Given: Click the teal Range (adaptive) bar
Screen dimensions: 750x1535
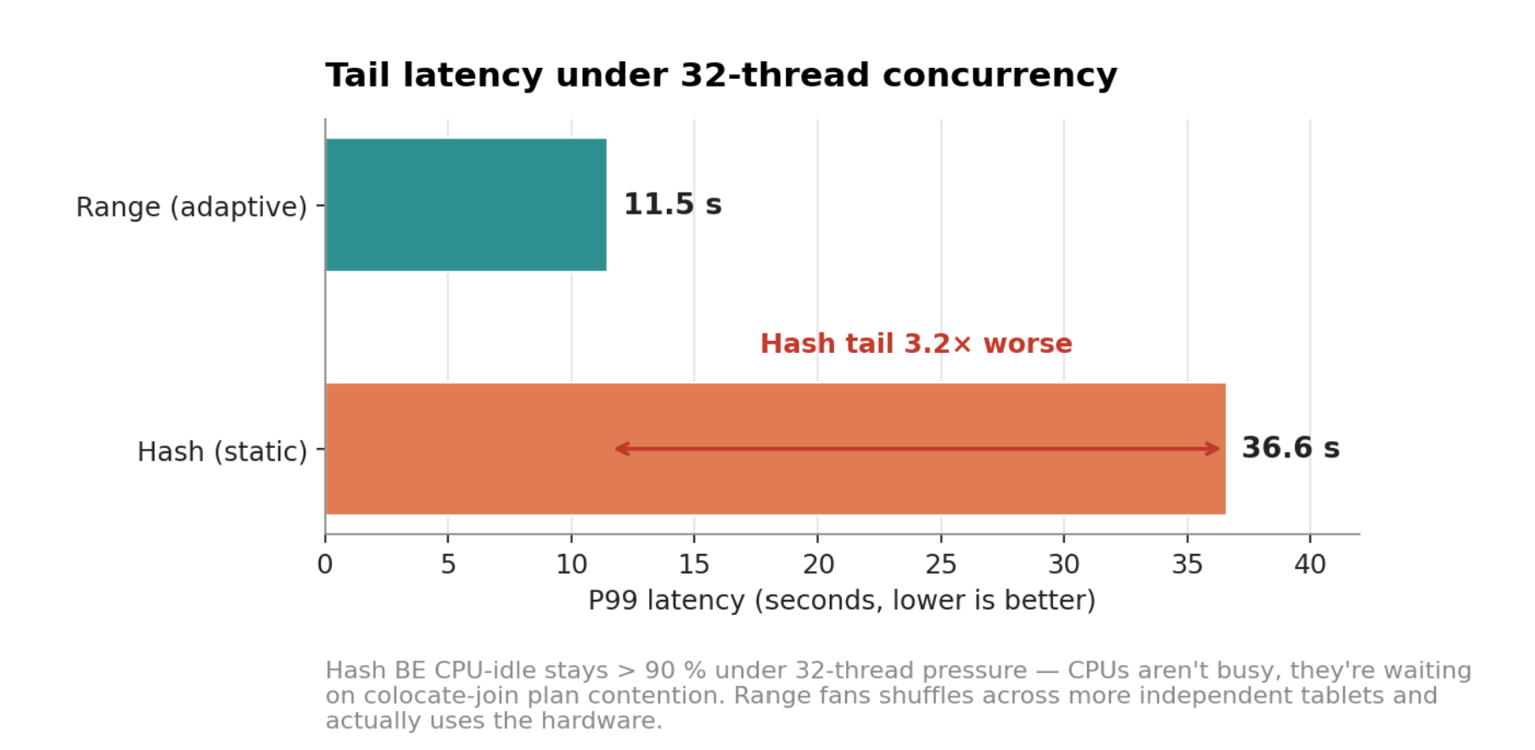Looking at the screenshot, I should [466, 204].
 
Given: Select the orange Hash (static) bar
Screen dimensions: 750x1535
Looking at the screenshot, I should [775, 407].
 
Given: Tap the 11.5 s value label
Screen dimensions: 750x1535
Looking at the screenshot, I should [672, 204].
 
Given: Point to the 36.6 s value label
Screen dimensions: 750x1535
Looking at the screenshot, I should [1290, 448].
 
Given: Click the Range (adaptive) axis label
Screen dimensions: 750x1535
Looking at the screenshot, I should [191, 207].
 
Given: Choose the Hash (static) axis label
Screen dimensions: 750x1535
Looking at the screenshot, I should [221, 451].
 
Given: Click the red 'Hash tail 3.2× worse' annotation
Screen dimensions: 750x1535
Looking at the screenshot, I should [916, 344].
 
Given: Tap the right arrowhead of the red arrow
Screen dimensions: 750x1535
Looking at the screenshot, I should [1214, 449].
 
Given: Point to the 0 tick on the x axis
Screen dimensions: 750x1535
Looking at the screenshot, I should [325, 564].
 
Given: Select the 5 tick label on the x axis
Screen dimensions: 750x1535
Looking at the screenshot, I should [448, 564].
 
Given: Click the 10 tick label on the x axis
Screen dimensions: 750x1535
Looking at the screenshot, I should [571, 564].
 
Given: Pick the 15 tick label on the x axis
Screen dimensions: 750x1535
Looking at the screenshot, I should [694, 564].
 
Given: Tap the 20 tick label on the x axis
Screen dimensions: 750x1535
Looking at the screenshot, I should [818, 564].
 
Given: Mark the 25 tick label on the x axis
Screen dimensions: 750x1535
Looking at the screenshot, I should [941, 564].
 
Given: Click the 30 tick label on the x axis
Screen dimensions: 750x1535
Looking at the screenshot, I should [1064, 564].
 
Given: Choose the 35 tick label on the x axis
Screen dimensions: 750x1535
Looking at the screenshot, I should [1187, 564].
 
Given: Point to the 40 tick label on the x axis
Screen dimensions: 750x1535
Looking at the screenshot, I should [1310, 564].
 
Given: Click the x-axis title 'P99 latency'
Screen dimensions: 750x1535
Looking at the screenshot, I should [841, 601].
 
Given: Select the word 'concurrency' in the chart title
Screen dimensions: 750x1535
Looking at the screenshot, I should [1000, 76].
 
